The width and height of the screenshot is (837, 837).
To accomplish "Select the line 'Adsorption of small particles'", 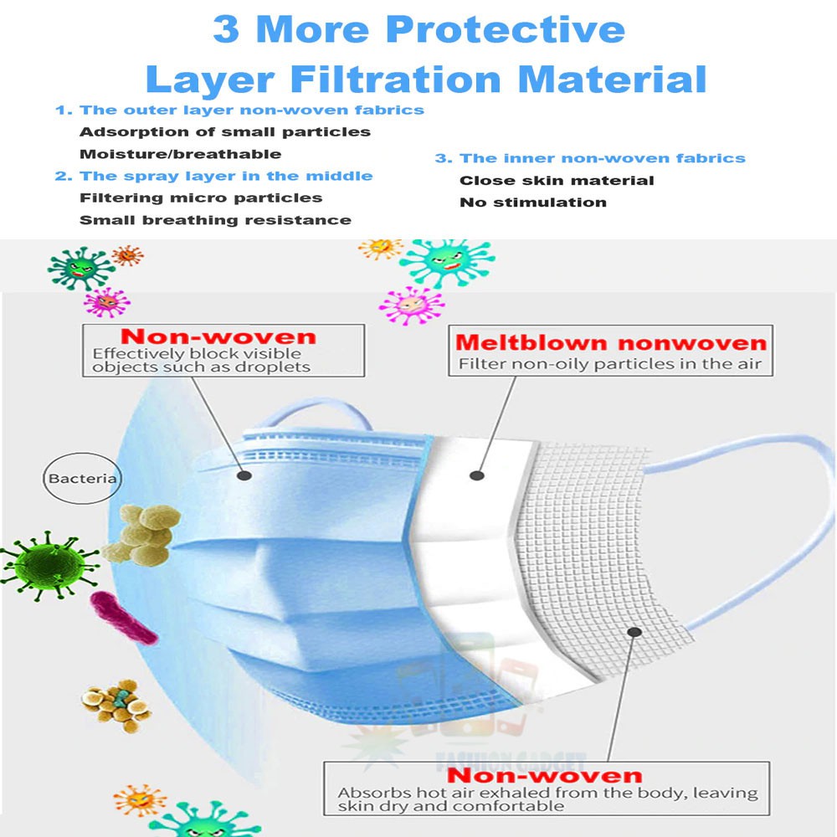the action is coord(224,131).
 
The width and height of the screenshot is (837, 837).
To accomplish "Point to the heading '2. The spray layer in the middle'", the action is coord(213,176).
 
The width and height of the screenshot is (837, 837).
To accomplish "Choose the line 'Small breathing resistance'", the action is coord(215,220).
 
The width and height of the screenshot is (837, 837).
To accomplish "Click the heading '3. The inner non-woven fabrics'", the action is coord(589,158).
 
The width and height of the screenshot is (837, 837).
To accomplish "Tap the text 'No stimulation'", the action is coord(532,202).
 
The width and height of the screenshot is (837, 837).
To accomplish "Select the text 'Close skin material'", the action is coord(557,180).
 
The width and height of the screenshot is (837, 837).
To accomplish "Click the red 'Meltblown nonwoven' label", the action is coord(611,343).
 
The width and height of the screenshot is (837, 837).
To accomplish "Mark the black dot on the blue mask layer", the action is coord(244,475).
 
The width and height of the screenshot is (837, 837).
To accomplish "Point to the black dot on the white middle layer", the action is coord(476,475).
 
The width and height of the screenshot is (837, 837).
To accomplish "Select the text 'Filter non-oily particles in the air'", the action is coord(610,364).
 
